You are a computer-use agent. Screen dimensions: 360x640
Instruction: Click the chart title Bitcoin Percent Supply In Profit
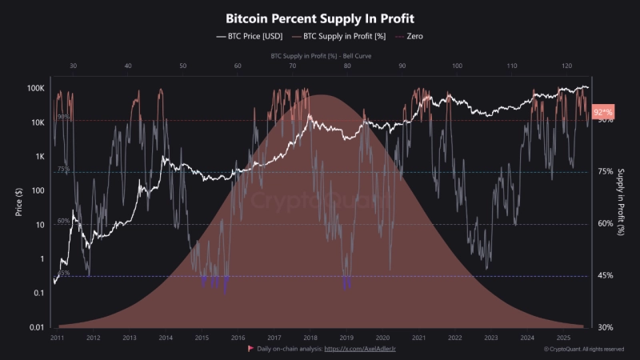tap(320, 17)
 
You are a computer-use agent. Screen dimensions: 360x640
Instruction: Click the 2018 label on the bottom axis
tap(310, 338)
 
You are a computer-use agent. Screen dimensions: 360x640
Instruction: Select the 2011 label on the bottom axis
tap(57, 338)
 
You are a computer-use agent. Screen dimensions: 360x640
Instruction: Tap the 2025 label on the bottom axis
tap(563, 338)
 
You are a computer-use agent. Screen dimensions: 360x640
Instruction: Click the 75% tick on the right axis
tap(606, 172)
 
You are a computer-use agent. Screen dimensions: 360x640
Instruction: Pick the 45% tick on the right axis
tap(606, 276)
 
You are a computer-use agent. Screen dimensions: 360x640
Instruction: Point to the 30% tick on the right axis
tap(606, 327)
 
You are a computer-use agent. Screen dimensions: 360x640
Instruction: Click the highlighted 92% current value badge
tap(603, 111)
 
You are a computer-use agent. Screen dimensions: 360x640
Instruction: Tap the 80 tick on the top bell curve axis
tap(347, 66)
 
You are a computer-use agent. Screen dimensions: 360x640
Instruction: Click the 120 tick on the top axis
tap(566, 66)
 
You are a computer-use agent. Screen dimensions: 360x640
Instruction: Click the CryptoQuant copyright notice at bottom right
tap(584, 350)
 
